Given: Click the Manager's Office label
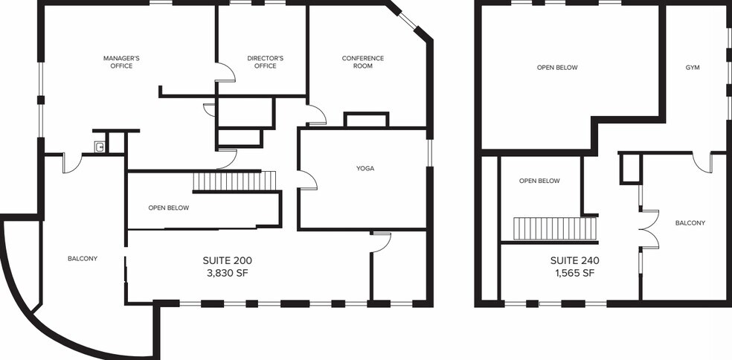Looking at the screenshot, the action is tap(121, 62).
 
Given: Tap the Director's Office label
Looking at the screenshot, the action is tap(265, 62).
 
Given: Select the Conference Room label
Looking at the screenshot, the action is tap(363, 62).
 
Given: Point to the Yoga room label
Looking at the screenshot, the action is tap(365, 169).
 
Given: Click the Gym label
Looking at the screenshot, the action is tap(693, 68).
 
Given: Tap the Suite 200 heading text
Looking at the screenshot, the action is tap(228, 260).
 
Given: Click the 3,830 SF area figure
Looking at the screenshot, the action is tap(228, 274).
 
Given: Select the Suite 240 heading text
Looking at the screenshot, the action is tap(575, 260).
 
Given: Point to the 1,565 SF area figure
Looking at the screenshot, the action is tap(575, 274).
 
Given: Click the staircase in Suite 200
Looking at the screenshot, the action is tap(235, 181).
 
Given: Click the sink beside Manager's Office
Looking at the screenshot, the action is tap(100, 147).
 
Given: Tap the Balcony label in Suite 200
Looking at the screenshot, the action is tap(83, 258).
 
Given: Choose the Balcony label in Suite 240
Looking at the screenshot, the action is tap(690, 223).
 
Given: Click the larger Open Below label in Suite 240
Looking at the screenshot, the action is tap(557, 68).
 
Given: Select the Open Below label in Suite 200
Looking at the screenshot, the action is tap(169, 208).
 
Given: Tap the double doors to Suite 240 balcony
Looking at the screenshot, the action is tap(649, 229).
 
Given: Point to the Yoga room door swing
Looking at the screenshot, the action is tap(307, 180).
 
